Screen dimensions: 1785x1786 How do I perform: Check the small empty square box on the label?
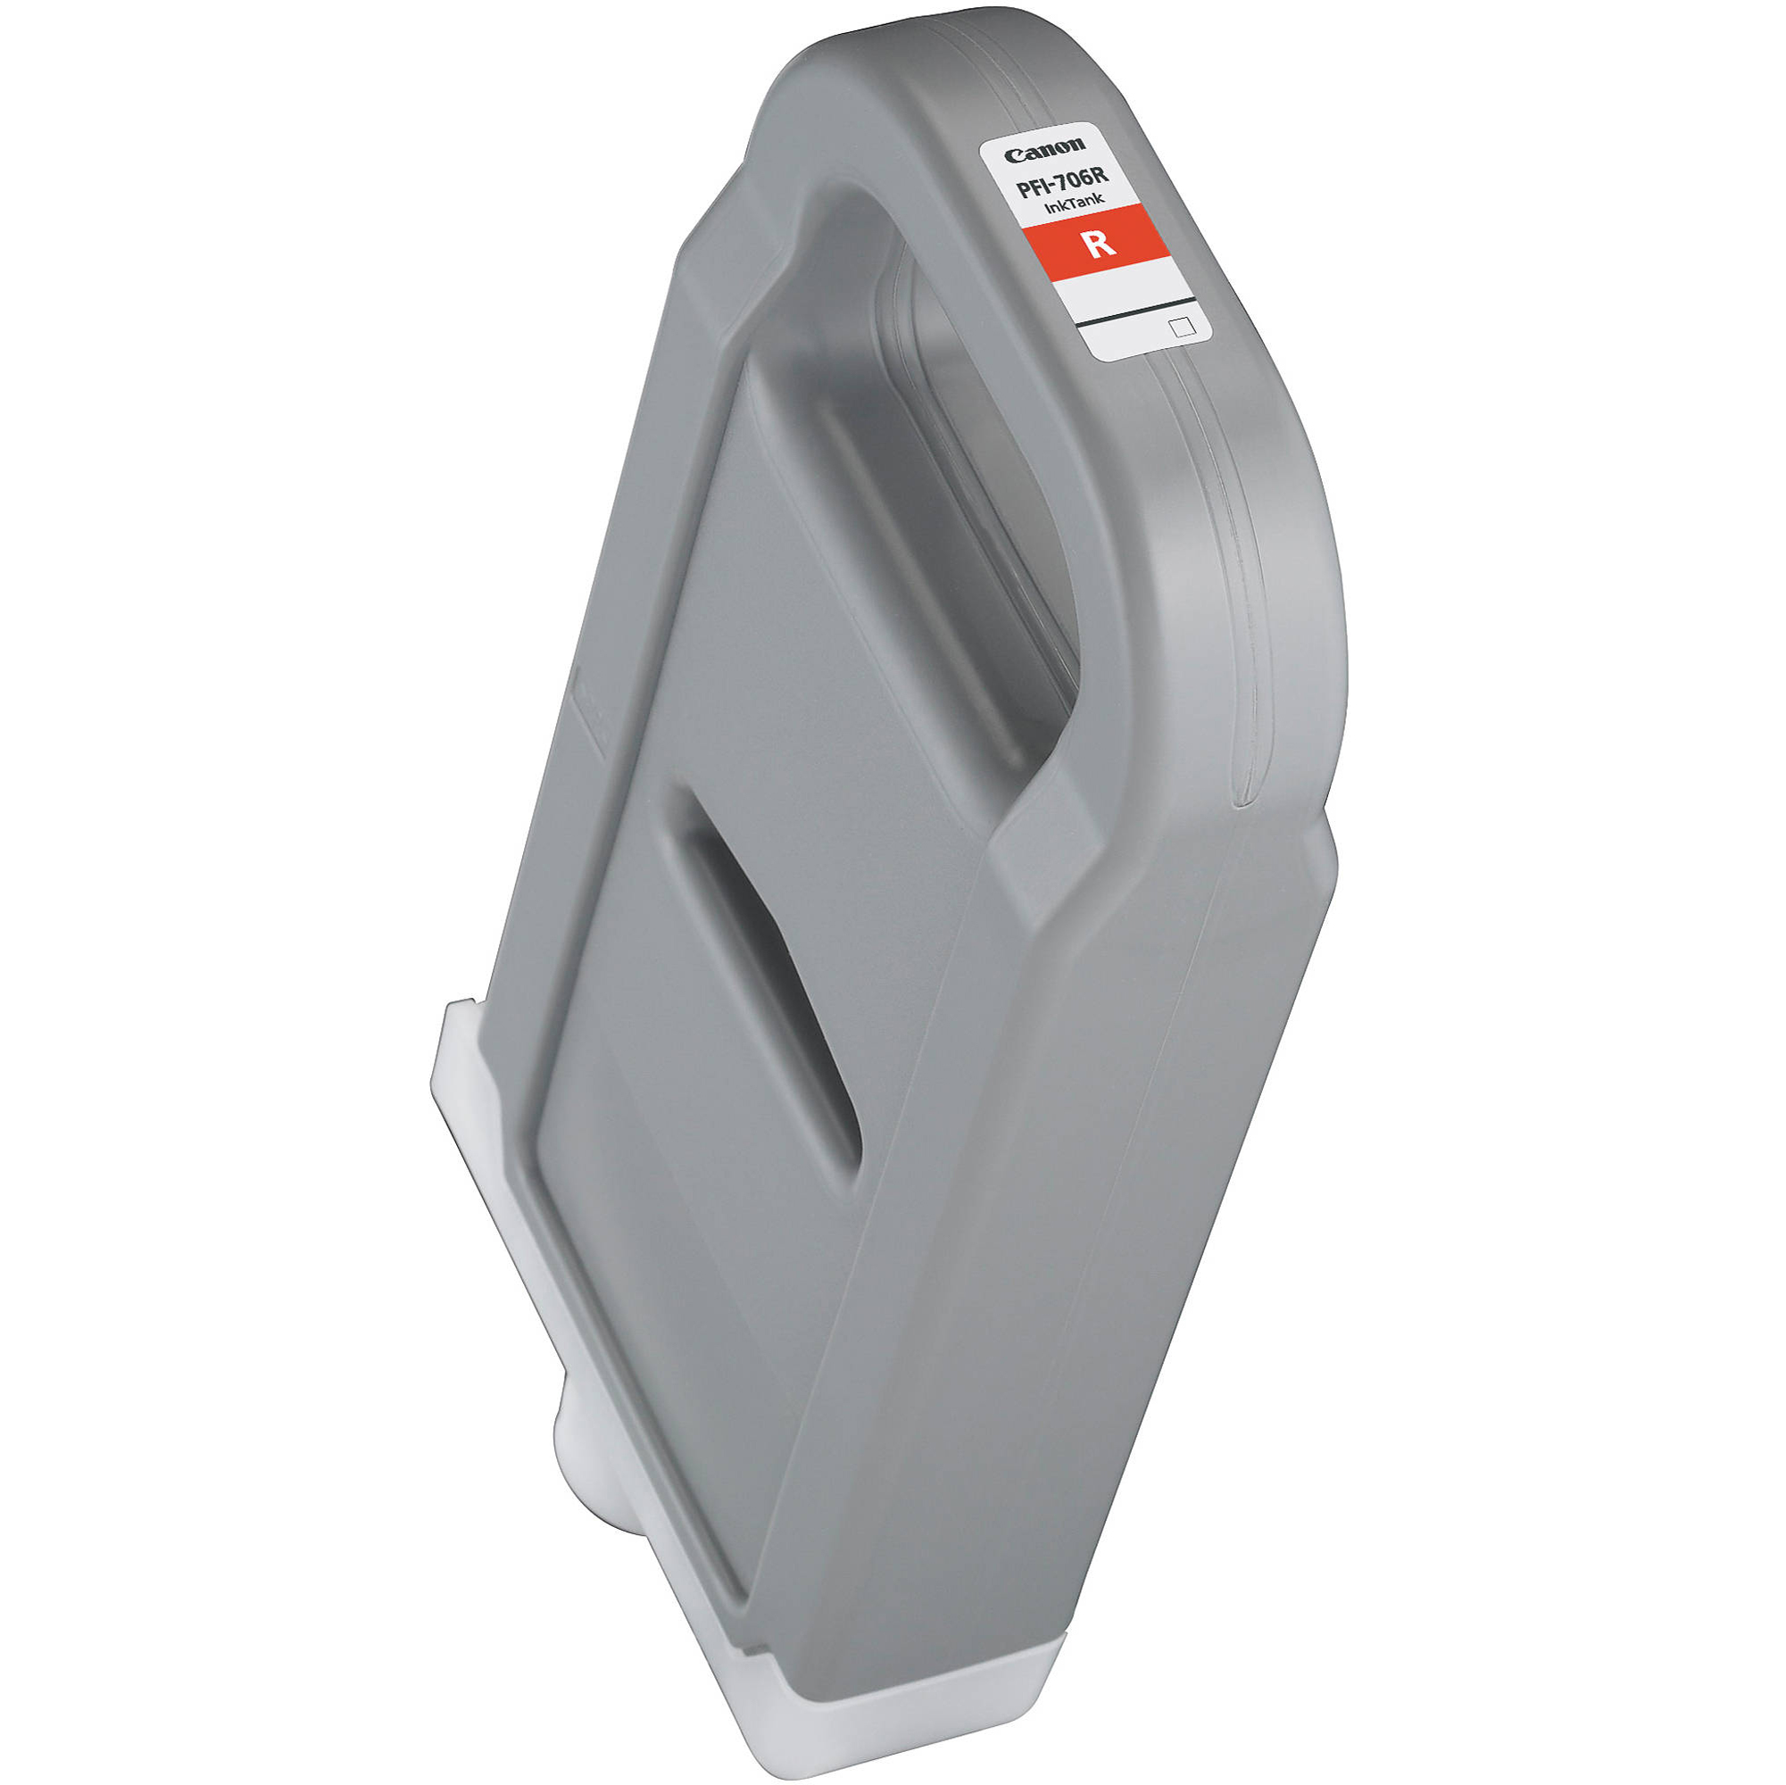tap(1178, 327)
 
